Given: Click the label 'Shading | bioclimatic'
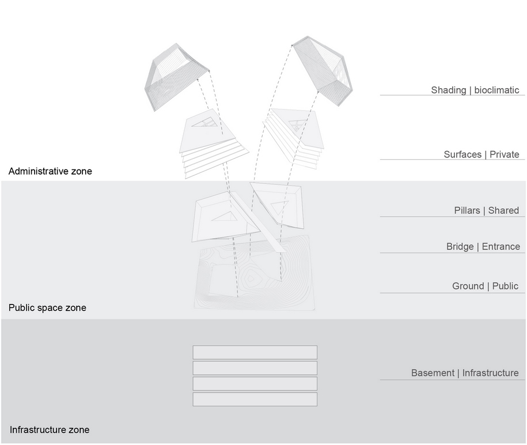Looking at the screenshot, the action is pyautogui.click(x=475, y=90).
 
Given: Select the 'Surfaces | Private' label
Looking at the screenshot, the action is pyautogui.click(x=481, y=154).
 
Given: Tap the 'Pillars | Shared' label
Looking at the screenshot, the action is pyautogui.click(x=486, y=210).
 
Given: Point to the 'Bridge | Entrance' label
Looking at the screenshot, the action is pyautogui.click(x=483, y=247).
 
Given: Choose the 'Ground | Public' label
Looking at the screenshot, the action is pyautogui.click(x=485, y=286).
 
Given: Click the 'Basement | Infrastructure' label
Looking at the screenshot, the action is pyautogui.click(x=465, y=373).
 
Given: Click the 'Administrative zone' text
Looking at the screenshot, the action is pyautogui.click(x=50, y=171).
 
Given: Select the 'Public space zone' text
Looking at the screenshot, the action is pyautogui.click(x=47, y=308).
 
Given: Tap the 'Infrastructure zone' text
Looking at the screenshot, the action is pyautogui.click(x=50, y=430).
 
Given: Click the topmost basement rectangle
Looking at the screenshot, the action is pyautogui.click(x=255, y=352).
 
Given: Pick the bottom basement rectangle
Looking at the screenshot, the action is pyautogui.click(x=255, y=399).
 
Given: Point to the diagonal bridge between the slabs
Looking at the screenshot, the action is pyautogui.click(x=257, y=222).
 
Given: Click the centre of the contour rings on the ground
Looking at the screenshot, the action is pyautogui.click(x=251, y=278).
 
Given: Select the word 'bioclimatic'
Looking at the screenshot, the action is pyautogui.click(x=496, y=90).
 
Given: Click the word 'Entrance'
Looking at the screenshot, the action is pyautogui.click(x=501, y=247).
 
